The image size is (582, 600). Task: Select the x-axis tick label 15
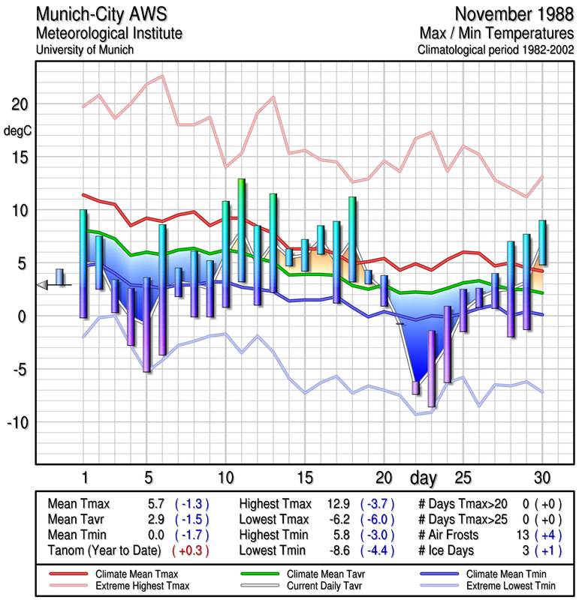305,477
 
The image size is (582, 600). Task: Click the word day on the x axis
424,477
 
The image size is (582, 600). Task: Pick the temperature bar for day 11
241,229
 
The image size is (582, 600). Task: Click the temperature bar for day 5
147,324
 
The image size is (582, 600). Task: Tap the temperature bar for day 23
431,368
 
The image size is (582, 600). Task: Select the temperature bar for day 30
541,242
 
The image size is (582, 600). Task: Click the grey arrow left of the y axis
46,284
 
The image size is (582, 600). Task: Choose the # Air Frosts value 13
518,535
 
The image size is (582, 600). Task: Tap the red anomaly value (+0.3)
191,550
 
